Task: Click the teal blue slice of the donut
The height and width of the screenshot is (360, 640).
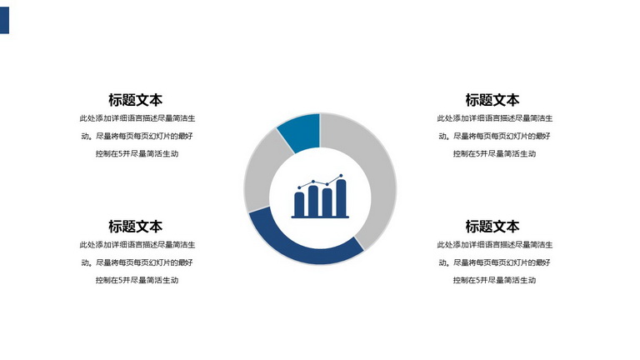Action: point(301,132)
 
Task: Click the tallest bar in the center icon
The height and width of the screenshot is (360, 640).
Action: point(341,198)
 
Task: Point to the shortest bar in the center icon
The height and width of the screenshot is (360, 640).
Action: point(299,204)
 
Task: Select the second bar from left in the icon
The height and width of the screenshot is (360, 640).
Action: point(313,201)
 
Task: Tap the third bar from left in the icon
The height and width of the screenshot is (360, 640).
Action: point(327,202)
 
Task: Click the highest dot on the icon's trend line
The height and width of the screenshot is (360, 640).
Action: point(341,176)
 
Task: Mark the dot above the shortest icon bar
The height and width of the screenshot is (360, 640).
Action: point(299,187)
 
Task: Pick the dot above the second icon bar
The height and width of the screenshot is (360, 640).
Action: point(313,181)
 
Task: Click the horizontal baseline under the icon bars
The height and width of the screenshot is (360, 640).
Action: point(320,217)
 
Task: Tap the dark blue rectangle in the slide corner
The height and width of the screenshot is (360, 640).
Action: point(4,20)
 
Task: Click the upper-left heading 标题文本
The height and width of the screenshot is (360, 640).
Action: point(136,100)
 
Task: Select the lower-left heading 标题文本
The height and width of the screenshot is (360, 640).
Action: point(136,227)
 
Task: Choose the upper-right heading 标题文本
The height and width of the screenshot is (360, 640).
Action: point(492,100)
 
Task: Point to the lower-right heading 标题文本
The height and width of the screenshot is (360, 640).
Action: point(492,227)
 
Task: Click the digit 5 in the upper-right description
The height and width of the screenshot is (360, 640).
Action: point(477,154)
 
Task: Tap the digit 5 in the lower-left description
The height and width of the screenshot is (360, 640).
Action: point(120,280)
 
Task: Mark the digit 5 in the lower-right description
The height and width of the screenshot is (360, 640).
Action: point(477,280)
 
